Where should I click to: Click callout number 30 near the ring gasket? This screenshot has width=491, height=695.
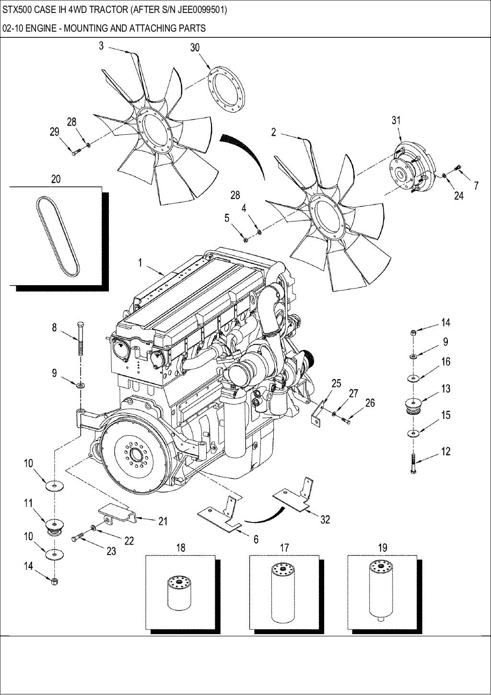pyautogui.click(x=195, y=47)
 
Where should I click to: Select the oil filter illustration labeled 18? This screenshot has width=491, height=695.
pyautogui.click(x=179, y=594)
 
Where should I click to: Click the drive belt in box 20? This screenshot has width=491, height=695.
pyautogui.click(x=58, y=236)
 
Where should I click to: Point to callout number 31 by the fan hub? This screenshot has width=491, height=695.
pyautogui.click(x=396, y=120)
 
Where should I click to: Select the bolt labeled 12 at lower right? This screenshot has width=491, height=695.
pyautogui.click(x=413, y=463)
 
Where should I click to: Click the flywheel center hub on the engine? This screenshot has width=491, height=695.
pyautogui.click(x=133, y=453)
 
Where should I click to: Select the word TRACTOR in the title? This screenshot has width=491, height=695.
pyautogui.click(x=105, y=9)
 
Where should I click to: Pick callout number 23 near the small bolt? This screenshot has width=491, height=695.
pyautogui.click(x=111, y=551)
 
